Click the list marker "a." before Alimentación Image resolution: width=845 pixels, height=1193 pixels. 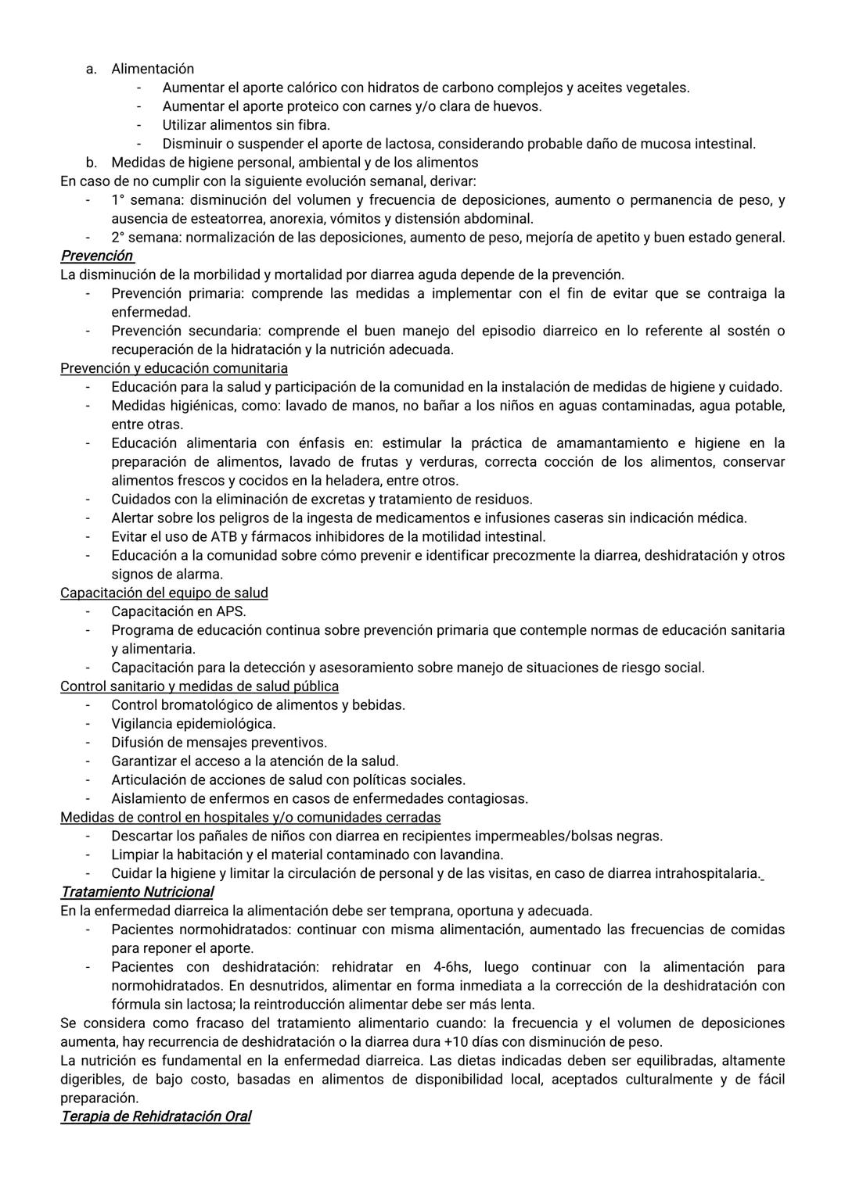(x=91, y=69)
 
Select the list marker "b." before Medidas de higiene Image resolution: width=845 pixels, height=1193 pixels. (x=91, y=163)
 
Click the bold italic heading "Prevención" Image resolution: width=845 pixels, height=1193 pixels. (x=96, y=256)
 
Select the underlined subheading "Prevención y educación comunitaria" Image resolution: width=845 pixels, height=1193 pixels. (x=174, y=368)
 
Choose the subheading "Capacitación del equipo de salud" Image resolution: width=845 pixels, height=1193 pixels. (x=164, y=593)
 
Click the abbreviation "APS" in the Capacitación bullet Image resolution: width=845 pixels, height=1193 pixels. (x=230, y=611)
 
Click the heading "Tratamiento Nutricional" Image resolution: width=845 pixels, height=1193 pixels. (x=137, y=892)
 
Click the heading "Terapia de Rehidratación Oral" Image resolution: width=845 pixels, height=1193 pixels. (x=156, y=1116)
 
